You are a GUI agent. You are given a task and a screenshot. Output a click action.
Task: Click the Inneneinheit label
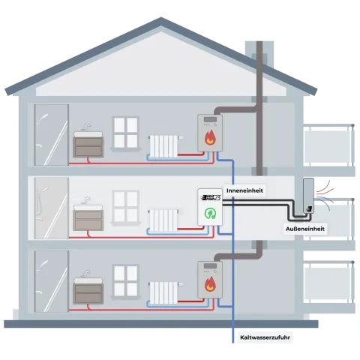(244, 190)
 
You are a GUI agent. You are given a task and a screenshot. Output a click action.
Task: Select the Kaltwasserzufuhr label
(265, 338)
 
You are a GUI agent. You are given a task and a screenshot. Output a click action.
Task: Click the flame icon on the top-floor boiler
(210, 139)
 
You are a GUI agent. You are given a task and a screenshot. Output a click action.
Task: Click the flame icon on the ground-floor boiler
(210, 286)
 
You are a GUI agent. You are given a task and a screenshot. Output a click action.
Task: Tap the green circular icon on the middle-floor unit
(210, 214)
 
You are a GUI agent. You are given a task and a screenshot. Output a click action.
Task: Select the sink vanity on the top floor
(90, 143)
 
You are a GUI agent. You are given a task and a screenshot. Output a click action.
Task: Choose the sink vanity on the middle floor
(90, 217)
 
